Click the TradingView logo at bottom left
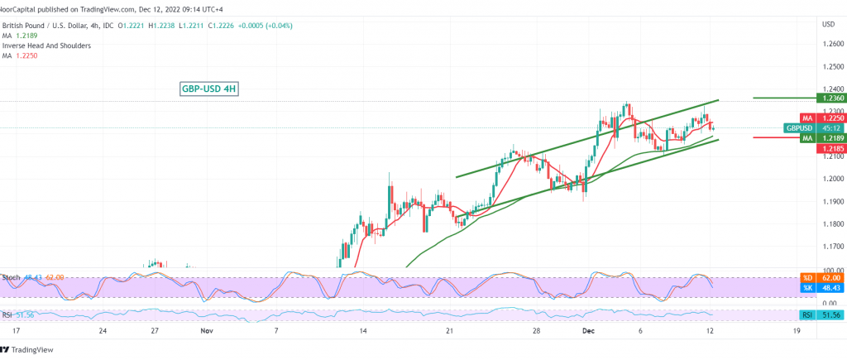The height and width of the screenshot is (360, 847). coord(35,348)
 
